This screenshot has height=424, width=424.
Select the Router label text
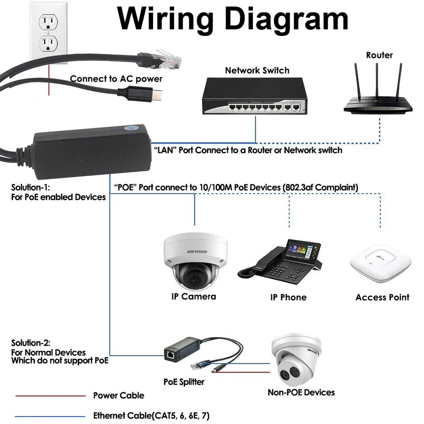point(379,55)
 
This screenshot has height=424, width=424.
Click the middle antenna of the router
point(377,80)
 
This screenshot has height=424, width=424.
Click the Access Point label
point(382,297)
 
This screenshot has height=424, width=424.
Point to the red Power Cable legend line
point(50,396)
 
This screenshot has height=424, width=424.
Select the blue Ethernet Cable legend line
point(50,416)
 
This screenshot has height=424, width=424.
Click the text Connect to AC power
point(116,79)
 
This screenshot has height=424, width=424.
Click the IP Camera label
point(194,297)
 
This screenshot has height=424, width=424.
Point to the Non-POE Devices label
point(301,393)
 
